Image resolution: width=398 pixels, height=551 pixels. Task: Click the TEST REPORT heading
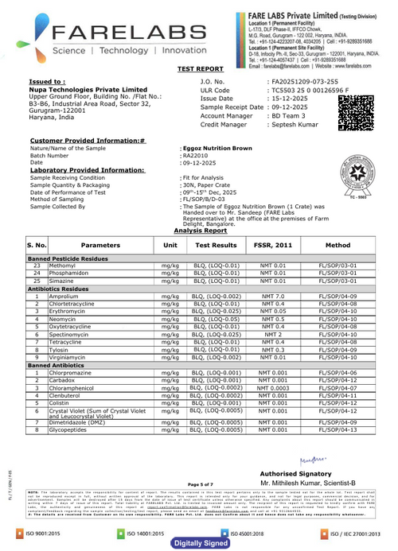198,70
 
